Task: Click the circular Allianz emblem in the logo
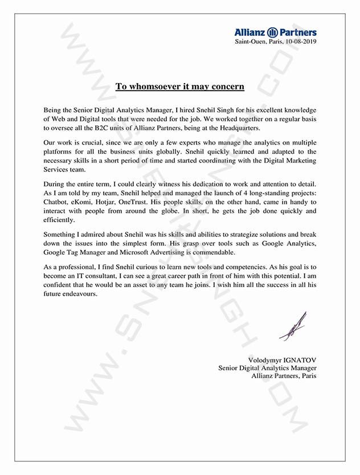pyautogui.click(x=272, y=33)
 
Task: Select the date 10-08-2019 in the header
pyautogui.click(x=300, y=42)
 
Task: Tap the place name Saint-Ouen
pyautogui.click(x=251, y=42)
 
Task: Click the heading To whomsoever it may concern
pyautogui.click(x=180, y=87)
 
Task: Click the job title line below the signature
pyautogui.click(x=267, y=368)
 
